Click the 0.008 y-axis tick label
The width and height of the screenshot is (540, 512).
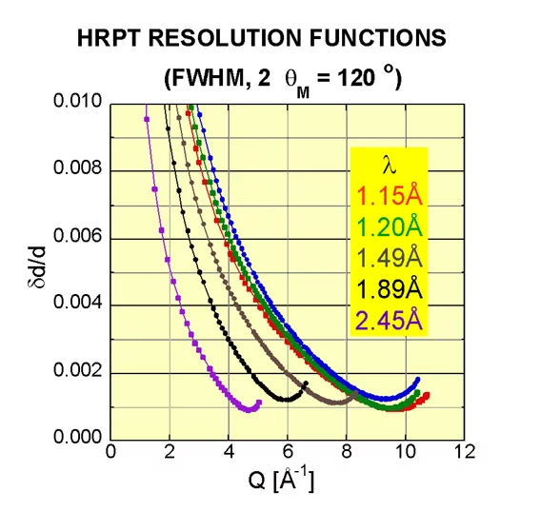(79, 171)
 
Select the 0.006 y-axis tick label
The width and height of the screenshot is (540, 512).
(79, 238)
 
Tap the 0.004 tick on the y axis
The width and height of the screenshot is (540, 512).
(79, 305)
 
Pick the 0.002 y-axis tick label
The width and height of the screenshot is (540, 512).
(79, 372)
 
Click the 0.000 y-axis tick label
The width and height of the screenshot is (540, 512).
(79, 439)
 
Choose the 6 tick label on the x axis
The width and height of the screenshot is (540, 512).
(288, 452)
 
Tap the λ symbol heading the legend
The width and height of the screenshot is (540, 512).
(388, 165)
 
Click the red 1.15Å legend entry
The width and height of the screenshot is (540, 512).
(388, 197)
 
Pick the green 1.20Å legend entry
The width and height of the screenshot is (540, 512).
(388, 227)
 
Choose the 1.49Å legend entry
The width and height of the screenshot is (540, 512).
(388, 258)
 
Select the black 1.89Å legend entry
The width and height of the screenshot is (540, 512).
(388, 289)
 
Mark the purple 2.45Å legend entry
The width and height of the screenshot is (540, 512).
(388, 320)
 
